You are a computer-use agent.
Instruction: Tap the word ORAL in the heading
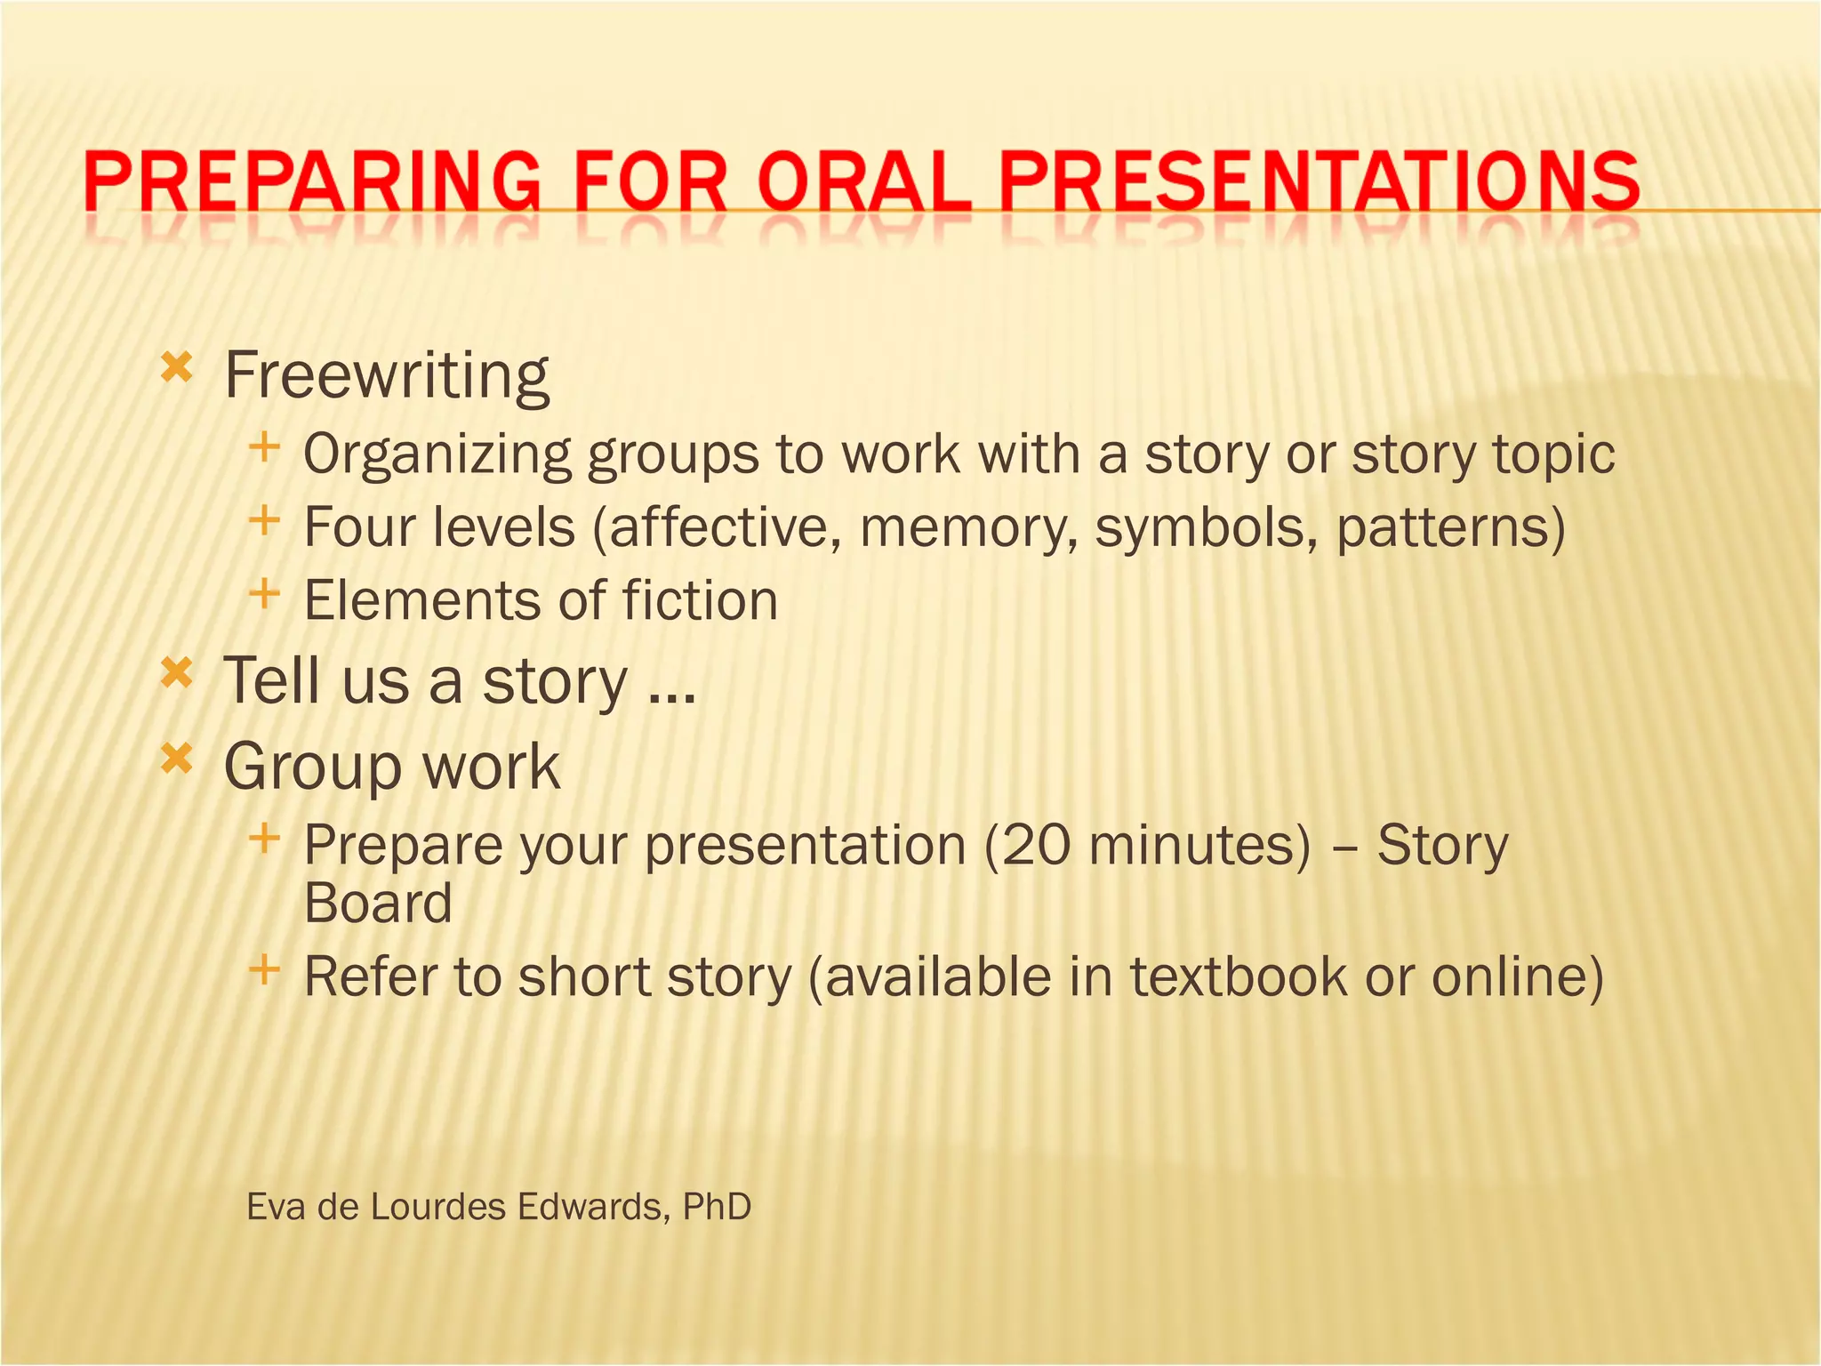(863, 181)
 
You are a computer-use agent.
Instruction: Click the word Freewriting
(387, 375)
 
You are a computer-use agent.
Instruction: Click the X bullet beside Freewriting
(176, 366)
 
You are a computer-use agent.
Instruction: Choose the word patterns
(1441, 527)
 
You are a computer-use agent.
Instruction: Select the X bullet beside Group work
(176, 759)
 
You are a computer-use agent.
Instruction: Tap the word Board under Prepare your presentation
(378, 904)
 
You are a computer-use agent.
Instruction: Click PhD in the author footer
(717, 1207)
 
